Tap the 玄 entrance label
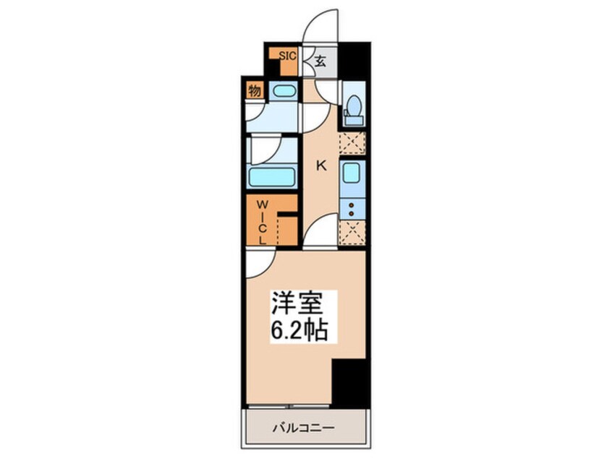[x=320, y=62]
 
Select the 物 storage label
[x=254, y=91]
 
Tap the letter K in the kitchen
[x=321, y=165]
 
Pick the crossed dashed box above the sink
[x=352, y=143]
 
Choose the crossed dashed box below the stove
[x=352, y=233]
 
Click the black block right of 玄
[x=354, y=61]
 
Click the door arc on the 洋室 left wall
[x=258, y=264]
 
